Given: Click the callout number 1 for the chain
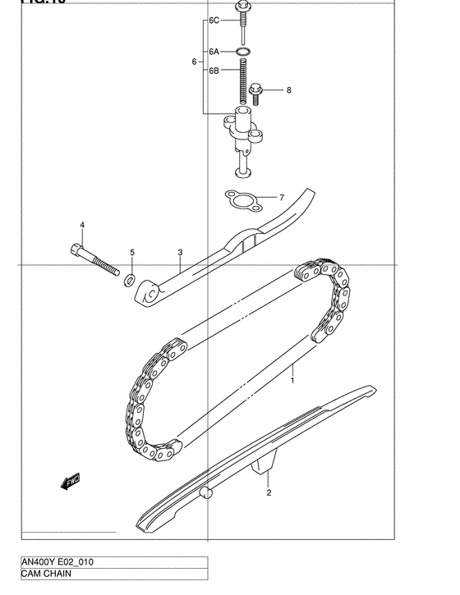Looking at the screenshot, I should click(x=291, y=380).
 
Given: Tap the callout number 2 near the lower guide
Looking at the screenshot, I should click(x=268, y=493).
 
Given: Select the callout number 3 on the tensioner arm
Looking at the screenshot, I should click(x=180, y=253).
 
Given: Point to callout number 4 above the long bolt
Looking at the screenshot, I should click(x=82, y=225).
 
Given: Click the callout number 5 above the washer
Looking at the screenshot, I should click(x=131, y=252).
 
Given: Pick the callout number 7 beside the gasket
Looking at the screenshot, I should click(x=281, y=198).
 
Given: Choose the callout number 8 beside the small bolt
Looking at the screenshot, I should click(x=288, y=90).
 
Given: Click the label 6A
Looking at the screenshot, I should click(x=214, y=52).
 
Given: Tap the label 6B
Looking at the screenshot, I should click(x=214, y=71).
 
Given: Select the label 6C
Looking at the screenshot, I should click(x=214, y=20).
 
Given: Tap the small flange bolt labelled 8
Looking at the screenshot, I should click(x=255, y=94).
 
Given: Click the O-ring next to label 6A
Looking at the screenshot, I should click(x=242, y=53).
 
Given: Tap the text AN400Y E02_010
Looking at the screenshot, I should click(x=57, y=564).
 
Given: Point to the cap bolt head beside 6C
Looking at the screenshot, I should click(x=242, y=9).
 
